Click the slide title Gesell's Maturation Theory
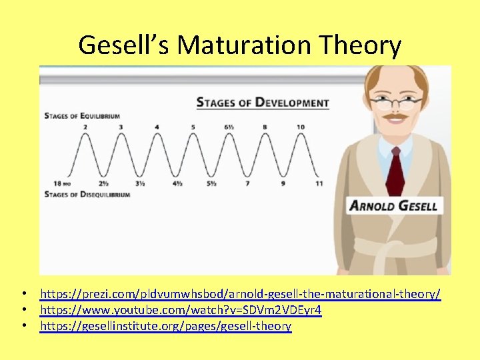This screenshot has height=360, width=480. pyautogui.click(x=240, y=45)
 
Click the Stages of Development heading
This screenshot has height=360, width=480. pyautogui.click(x=263, y=103)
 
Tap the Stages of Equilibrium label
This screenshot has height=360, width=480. pyautogui.click(x=82, y=115)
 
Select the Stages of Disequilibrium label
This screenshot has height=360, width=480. pyautogui.click(x=87, y=194)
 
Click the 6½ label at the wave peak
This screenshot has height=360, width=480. pyautogui.click(x=228, y=127)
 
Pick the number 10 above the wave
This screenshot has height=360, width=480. pyautogui.click(x=301, y=127)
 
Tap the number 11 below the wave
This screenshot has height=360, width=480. pyautogui.click(x=319, y=183)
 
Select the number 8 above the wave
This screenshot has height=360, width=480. pyautogui.click(x=265, y=127)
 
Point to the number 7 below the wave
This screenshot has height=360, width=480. pyautogui.click(x=247, y=183)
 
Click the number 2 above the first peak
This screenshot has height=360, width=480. pyautogui.click(x=85, y=127)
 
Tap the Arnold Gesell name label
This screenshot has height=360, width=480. pyautogui.click(x=393, y=205)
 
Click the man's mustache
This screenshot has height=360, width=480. pyautogui.click(x=395, y=118)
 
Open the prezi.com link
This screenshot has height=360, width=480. pyautogui.click(x=240, y=294)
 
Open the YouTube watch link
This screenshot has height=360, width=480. pyautogui.click(x=181, y=310)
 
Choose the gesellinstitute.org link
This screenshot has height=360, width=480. pyautogui.click(x=165, y=326)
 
